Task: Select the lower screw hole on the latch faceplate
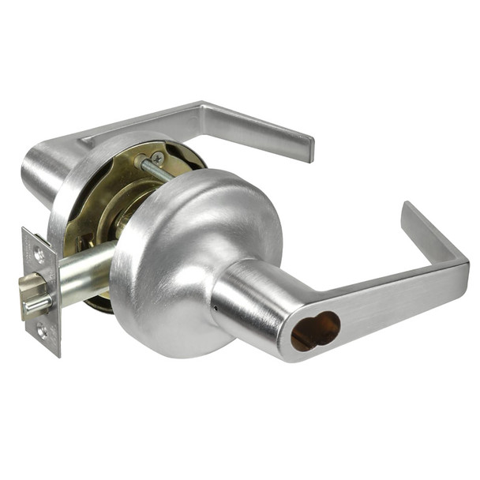click(40, 332)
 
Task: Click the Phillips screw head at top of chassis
click(157, 159)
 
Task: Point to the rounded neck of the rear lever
click(47, 170)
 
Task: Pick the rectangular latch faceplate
click(40, 292)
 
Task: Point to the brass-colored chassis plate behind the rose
click(95, 213)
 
